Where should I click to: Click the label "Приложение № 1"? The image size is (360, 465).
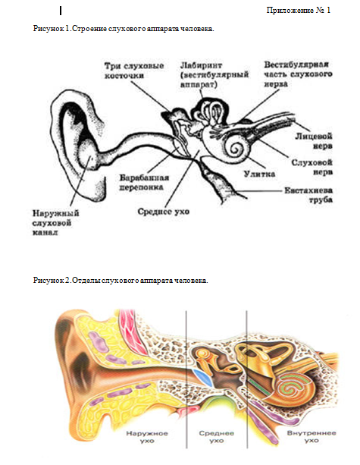pyautogui.click(x=298, y=11)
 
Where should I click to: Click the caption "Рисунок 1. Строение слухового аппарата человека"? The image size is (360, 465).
pyautogui.click(x=124, y=29)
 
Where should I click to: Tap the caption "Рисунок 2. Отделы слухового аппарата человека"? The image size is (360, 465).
pyautogui.click(x=121, y=280)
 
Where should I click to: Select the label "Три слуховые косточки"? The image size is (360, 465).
pyautogui.click(x=134, y=71)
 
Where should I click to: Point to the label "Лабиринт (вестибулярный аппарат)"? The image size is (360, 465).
pyautogui.click(x=214, y=74)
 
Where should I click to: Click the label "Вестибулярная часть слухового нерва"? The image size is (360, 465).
pyautogui.click(x=298, y=74)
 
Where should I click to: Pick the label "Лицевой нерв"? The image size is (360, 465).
pyautogui.click(x=314, y=141)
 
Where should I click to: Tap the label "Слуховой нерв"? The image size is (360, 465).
pyautogui.click(x=311, y=167)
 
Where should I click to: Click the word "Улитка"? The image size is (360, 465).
pyautogui.click(x=259, y=174)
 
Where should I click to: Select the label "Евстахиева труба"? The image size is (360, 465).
pyautogui.click(x=308, y=195)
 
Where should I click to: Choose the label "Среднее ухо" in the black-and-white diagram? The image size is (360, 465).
pyautogui.click(x=163, y=212)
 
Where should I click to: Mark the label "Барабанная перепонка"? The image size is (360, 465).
pyautogui.click(x=144, y=182)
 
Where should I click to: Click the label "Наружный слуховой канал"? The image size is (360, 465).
pyautogui.click(x=55, y=222)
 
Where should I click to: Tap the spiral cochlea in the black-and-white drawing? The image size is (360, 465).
pyautogui.click(x=236, y=147)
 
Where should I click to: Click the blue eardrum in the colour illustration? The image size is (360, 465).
pyautogui.click(x=203, y=376)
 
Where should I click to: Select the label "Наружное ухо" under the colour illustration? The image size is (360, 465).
pyautogui.click(x=147, y=437)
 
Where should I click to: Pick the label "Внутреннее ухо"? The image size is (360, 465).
pyautogui.click(x=311, y=437)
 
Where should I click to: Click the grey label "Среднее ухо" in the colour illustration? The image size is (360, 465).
pyautogui.click(x=216, y=437)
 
